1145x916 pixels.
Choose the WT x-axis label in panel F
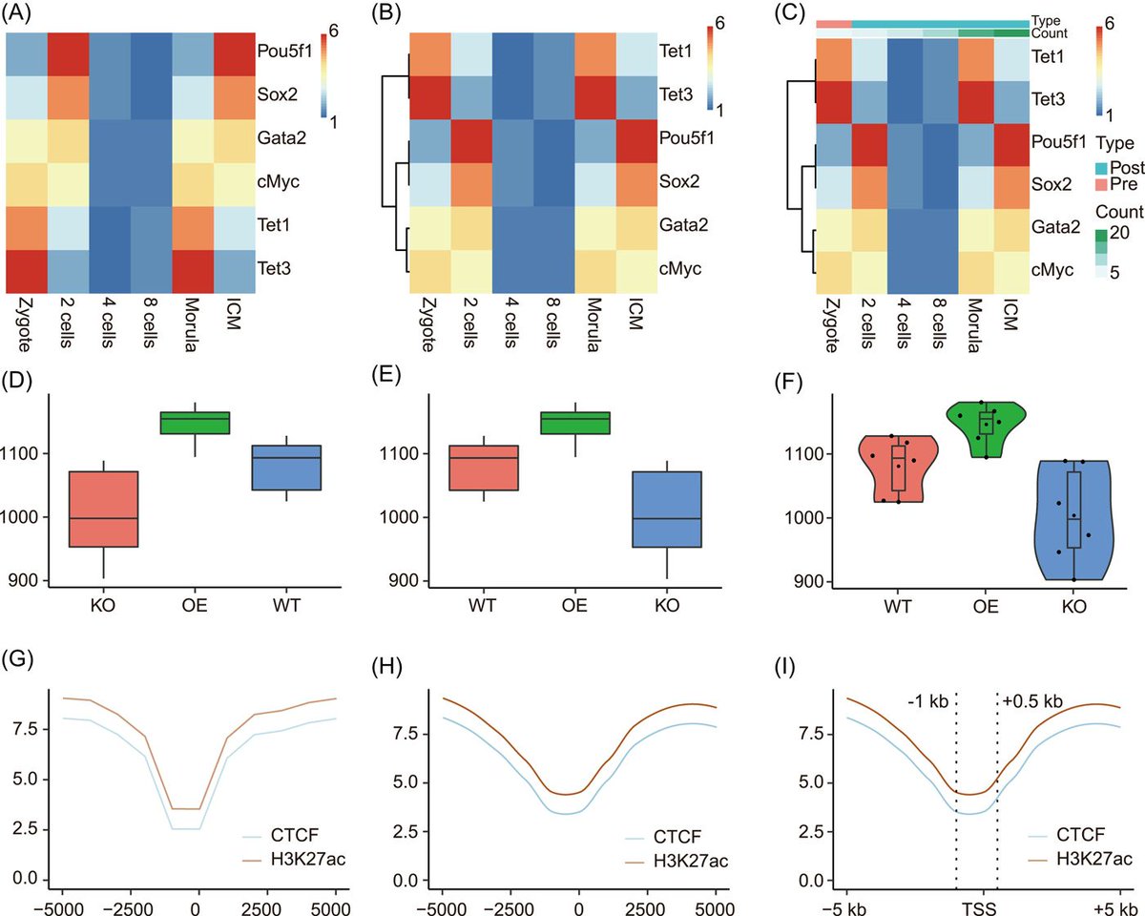897,608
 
